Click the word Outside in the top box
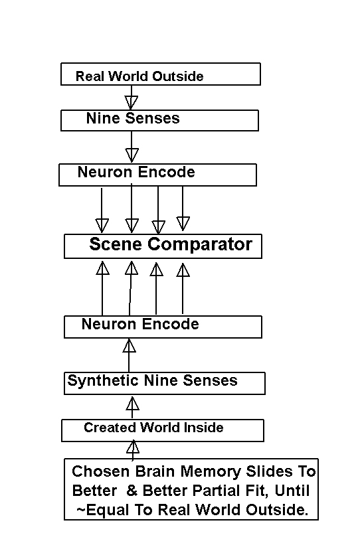tap(178, 76)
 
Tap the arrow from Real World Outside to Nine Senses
tap(132, 98)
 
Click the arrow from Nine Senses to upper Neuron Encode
tap(132, 147)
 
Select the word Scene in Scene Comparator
tap(116, 244)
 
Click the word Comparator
tap(200, 244)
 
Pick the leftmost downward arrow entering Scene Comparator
tap(102, 210)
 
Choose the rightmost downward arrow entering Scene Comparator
tap(183, 208)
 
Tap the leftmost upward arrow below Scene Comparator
tap(102, 289)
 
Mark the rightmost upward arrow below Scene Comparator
tap(183, 289)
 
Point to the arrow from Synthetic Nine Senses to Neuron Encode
tap(129, 355)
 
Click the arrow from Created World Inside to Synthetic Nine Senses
tap(132, 408)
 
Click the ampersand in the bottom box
tap(132, 491)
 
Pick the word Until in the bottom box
tap(292, 491)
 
